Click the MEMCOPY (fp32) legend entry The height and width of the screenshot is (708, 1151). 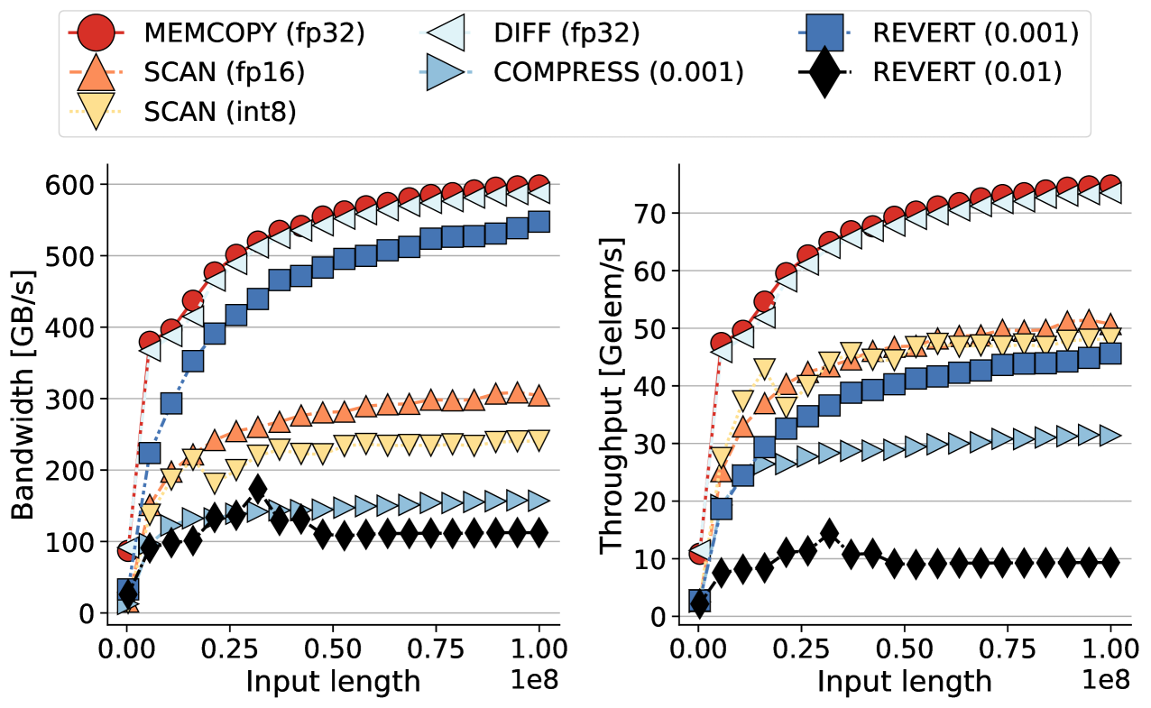coord(253,33)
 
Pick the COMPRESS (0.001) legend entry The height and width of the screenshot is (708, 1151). coord(618,72)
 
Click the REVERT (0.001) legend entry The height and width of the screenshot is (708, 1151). coord(975,33)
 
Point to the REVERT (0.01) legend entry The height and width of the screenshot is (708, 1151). coord(966,72)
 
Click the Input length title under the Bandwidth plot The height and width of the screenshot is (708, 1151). coord(333,682)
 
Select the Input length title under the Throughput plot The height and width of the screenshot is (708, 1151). coord(904,682)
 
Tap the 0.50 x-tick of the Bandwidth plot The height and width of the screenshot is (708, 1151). coord(333,648)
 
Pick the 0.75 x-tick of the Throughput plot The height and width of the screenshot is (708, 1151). coord(1007,648)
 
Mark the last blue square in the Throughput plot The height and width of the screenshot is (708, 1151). coord(1110,354)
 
